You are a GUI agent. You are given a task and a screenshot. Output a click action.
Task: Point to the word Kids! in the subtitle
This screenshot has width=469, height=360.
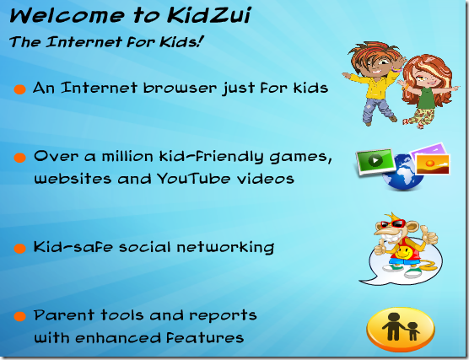coord(177,40)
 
